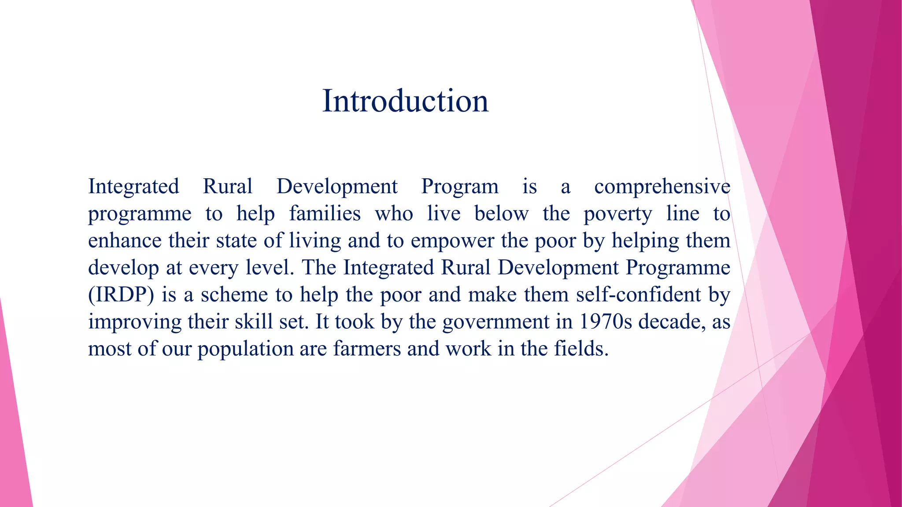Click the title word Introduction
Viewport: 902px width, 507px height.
click(405, 101)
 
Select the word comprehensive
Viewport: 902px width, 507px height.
click(662, 187)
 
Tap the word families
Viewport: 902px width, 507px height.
click(325, 214)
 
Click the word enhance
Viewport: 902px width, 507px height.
click(125, 241)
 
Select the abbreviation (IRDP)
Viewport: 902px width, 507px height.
click(121, 295)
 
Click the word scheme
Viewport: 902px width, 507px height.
click(234, 295)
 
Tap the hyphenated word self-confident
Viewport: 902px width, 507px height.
click(638, 294)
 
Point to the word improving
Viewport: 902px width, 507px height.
click(134, 322)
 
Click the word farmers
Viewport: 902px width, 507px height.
click(367, 349)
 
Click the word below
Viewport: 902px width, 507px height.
click(501, 214)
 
